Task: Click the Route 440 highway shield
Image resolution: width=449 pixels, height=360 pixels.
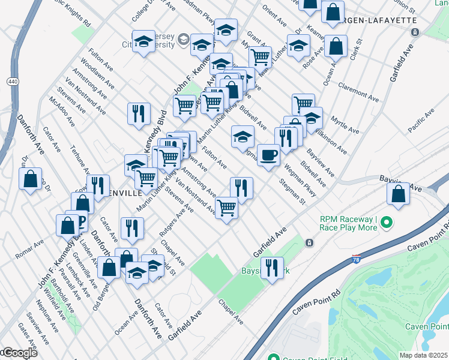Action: point(12,81)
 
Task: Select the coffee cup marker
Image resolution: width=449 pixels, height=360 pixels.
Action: point(268,155)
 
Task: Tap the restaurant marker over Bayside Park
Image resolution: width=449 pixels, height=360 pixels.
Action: point(273,268)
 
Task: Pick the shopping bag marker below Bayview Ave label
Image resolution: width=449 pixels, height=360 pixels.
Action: point(398,193)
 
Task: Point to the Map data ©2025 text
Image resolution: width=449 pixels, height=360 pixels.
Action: point(424,355)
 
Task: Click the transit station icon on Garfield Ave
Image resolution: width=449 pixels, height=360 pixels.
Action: point(309,243)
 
